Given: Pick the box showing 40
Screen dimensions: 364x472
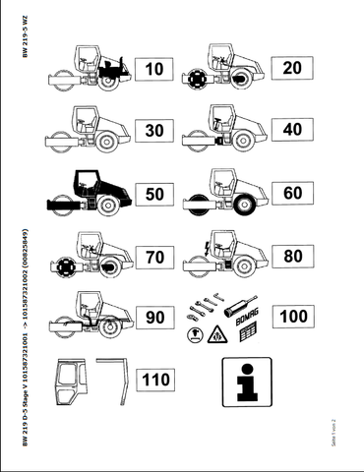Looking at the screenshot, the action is [x=291, y=130].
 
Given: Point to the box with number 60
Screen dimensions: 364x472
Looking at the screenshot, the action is [x=291, y=193].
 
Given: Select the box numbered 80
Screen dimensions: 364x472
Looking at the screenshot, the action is [x=291, y=257].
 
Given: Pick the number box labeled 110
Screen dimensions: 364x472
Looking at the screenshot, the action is [x=155, y=379].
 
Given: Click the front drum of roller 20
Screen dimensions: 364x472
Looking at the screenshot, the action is [x=196, y=78].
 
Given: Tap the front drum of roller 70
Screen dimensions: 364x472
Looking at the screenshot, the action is [x=67, y=265].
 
